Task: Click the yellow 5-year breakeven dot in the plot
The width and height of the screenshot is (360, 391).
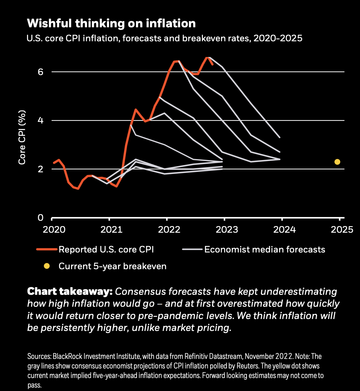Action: coord(337,162)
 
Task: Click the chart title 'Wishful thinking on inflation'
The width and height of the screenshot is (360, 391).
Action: coord(111,23)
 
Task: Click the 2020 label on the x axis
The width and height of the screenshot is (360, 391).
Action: coord(52,230)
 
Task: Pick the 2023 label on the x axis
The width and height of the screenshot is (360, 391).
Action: coord(224,230)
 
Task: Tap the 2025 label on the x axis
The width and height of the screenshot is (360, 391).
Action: coord(340,230)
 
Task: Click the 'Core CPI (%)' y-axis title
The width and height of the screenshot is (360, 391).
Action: coord(22,137)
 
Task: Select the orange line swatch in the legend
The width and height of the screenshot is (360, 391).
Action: coord(46,249)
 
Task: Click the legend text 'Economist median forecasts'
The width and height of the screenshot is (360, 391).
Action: coord(265,249)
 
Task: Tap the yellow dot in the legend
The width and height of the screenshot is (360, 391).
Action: coord(47,266)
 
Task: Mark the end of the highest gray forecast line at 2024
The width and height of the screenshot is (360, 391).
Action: coord(280,137)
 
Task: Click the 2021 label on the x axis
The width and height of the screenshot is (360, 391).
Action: coord(109,230)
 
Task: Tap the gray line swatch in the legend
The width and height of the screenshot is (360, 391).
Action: coord(192,249)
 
